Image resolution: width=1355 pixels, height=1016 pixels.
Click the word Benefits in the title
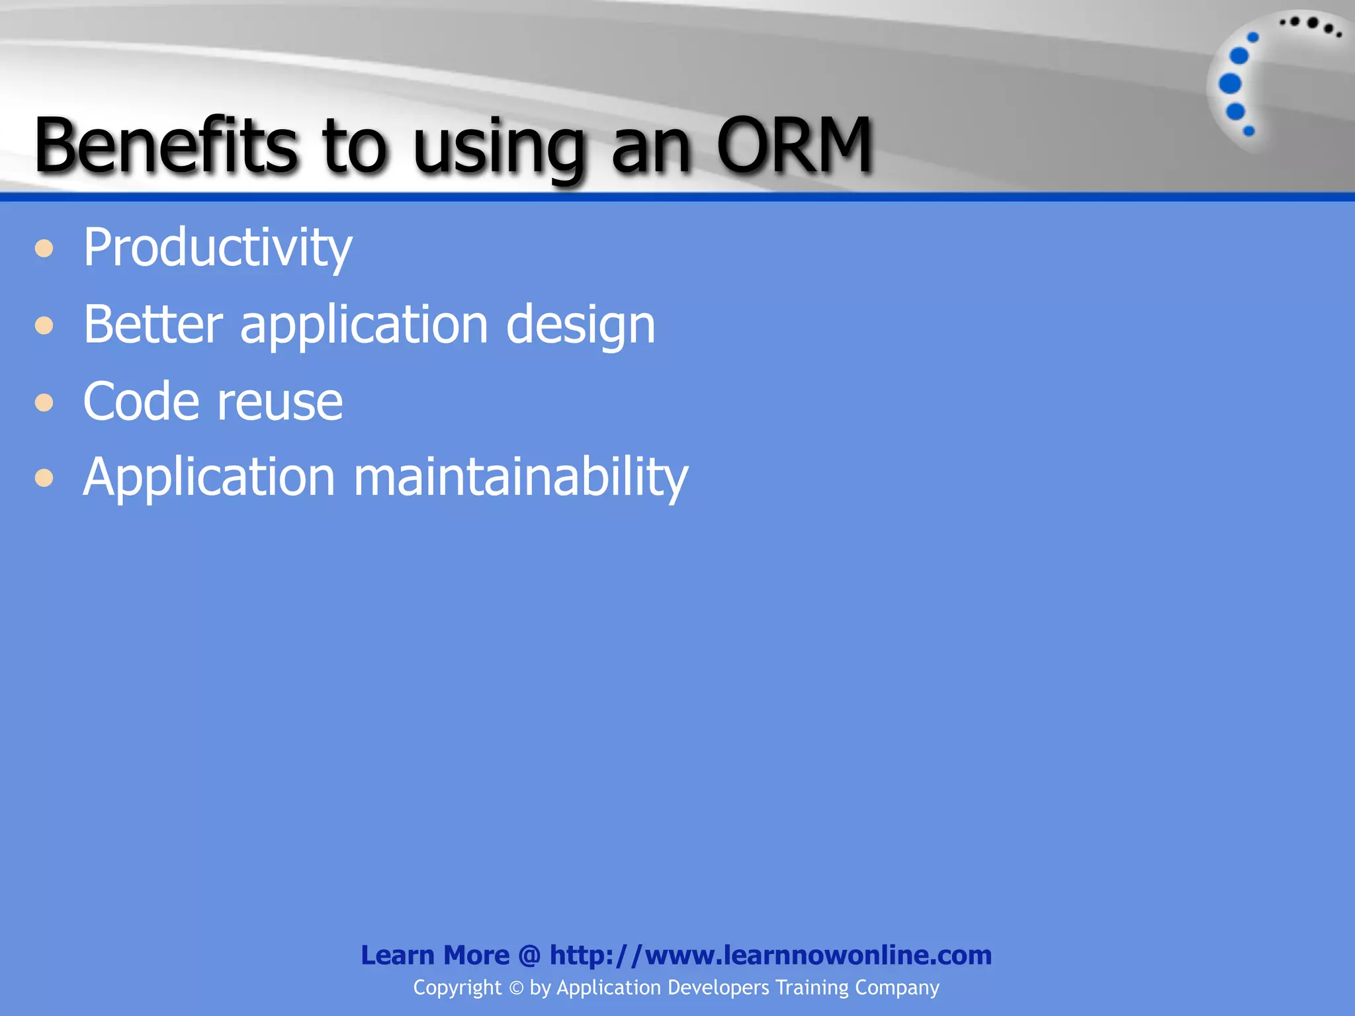[x=165, y=145]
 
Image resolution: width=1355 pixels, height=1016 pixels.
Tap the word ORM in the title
[x=794, y=145]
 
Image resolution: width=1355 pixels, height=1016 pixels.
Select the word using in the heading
[x=500, y=149]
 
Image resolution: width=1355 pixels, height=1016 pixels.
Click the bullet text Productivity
[x=217, y=248]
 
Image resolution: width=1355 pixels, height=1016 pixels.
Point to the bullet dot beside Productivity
[x=44, y=249]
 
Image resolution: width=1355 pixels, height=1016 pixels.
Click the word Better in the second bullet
[x=153, y=324]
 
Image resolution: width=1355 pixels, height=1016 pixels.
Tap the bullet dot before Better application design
[x=44, y=325]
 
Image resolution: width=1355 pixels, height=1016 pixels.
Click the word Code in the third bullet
[x=140, y=401]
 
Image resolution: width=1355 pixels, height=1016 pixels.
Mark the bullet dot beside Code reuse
[x=44, y=402]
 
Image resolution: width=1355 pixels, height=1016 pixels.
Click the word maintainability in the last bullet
[x=521, y=477]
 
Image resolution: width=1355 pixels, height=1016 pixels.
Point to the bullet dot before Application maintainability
[x=44, y=478]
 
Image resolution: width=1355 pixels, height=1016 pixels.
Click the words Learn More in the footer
[x=435, y=955]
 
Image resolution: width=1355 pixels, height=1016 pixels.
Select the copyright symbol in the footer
[x=515, y=988]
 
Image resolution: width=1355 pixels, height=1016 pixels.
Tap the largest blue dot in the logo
[x=1230, y=84]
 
